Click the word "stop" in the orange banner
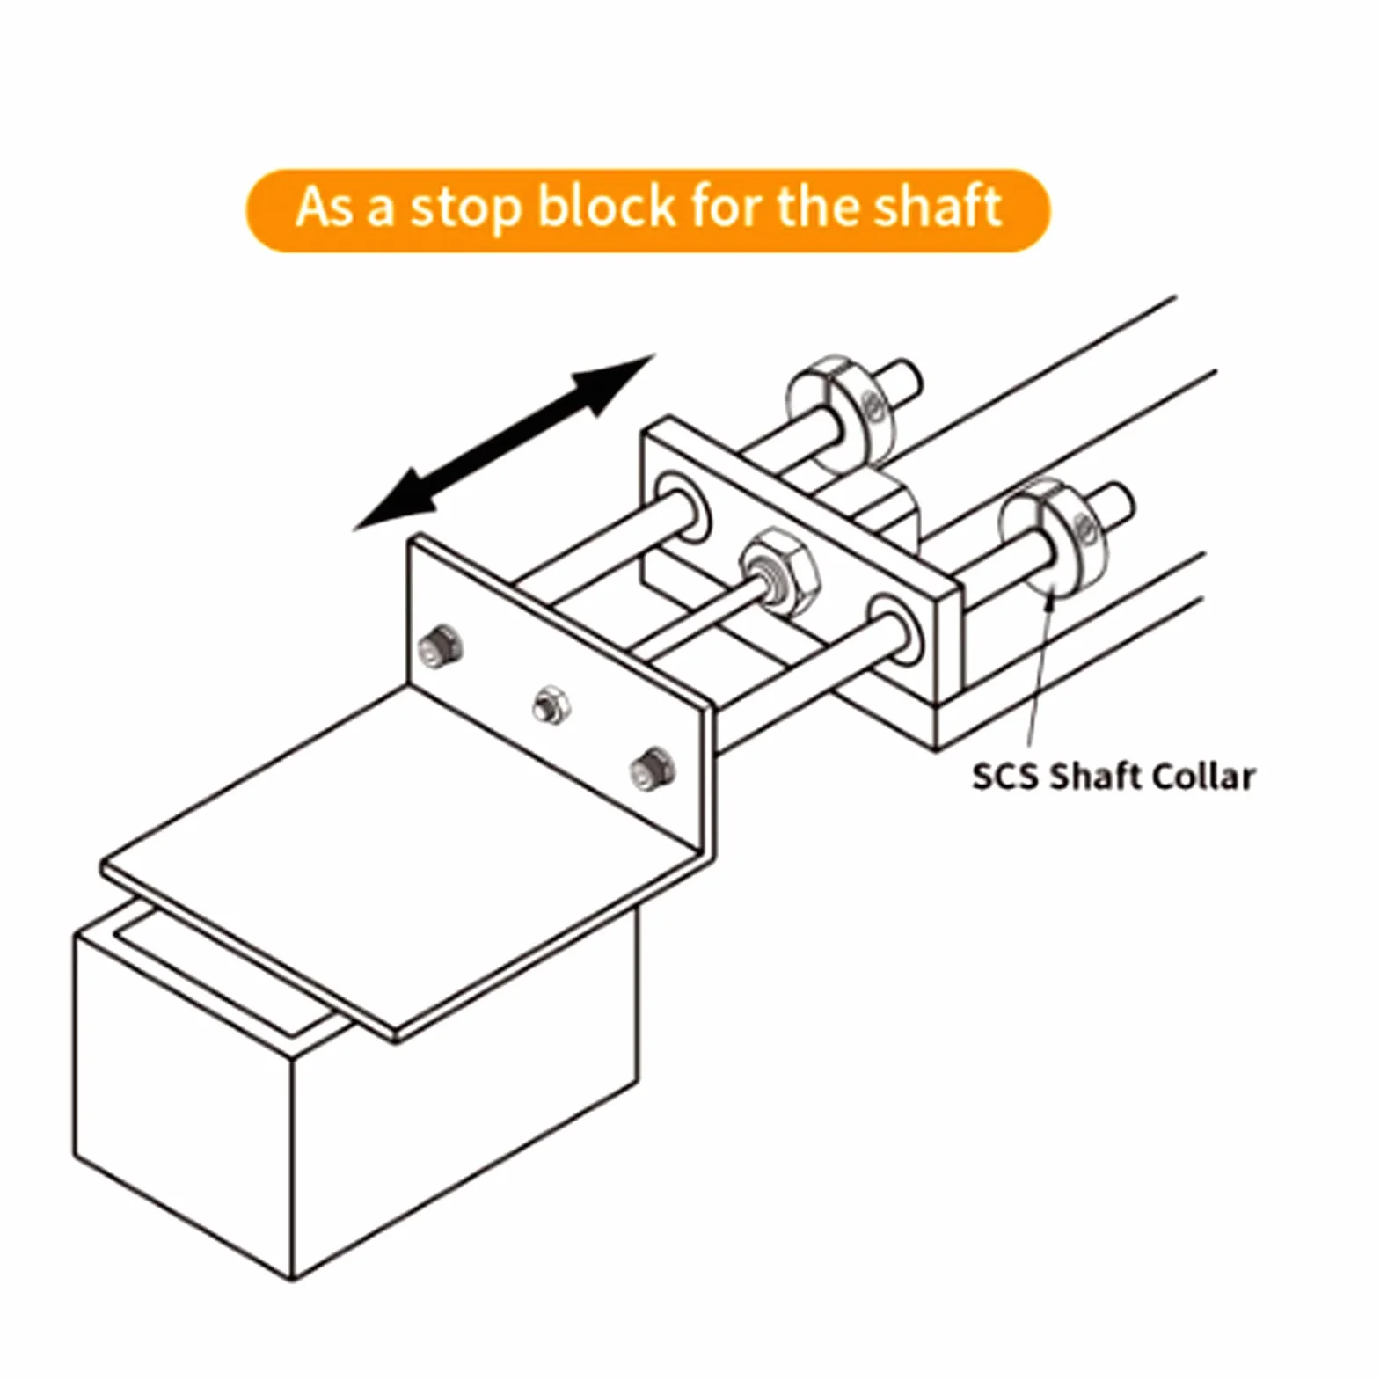tap(465, 210)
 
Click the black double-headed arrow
tap(504, 442)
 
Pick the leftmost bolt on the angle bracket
tap(442, 646)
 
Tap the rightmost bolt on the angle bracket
tap(652, 768)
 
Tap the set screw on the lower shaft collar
tap(1085, 527)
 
